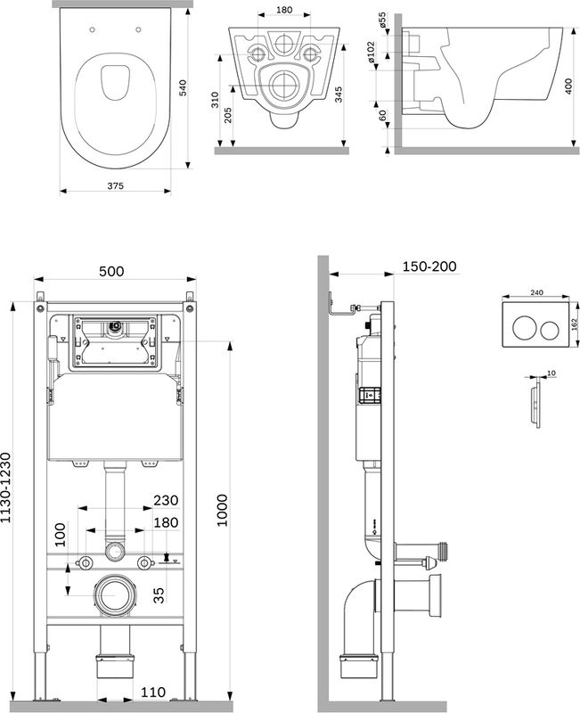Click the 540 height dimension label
184,88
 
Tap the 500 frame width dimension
111,271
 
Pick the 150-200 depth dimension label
429,266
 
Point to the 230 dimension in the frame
167,501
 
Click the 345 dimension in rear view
339,95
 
